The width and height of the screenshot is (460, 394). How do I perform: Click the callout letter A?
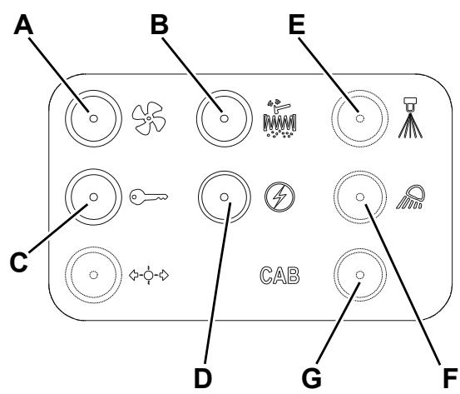tap(23, 25)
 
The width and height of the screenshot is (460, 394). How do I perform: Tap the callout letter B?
tap(160, 25)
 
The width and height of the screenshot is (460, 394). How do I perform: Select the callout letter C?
tap(19, 262)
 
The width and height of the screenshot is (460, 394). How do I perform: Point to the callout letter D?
tap(202, 378)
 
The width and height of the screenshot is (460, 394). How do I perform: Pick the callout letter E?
tap(297, 25)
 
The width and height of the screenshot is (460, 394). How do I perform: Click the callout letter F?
tap(450, 378)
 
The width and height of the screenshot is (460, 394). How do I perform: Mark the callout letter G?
tap(312, 378)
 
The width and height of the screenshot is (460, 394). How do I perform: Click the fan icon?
tap(149, 118)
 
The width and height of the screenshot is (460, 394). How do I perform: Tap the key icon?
tap(149, 197)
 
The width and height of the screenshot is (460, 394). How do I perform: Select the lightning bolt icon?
tap(279, 197)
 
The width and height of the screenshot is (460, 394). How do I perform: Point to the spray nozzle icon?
tap(410, 117)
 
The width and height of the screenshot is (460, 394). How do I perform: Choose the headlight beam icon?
tap(411, 197)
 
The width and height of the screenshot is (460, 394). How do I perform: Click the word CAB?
tap(279, 276)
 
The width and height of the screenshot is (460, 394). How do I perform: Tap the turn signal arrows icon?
tap(149, 276)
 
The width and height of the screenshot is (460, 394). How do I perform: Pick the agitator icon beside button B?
tap(279, 118)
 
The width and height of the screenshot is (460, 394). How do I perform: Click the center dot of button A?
tap(94, 118)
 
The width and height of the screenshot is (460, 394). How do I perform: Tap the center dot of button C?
tap(94, 197)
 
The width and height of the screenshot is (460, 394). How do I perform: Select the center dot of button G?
tap(360, 275)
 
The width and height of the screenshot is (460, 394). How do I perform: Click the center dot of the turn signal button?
tap(94, 275)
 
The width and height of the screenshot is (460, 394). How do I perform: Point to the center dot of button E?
tap(360, 118)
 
